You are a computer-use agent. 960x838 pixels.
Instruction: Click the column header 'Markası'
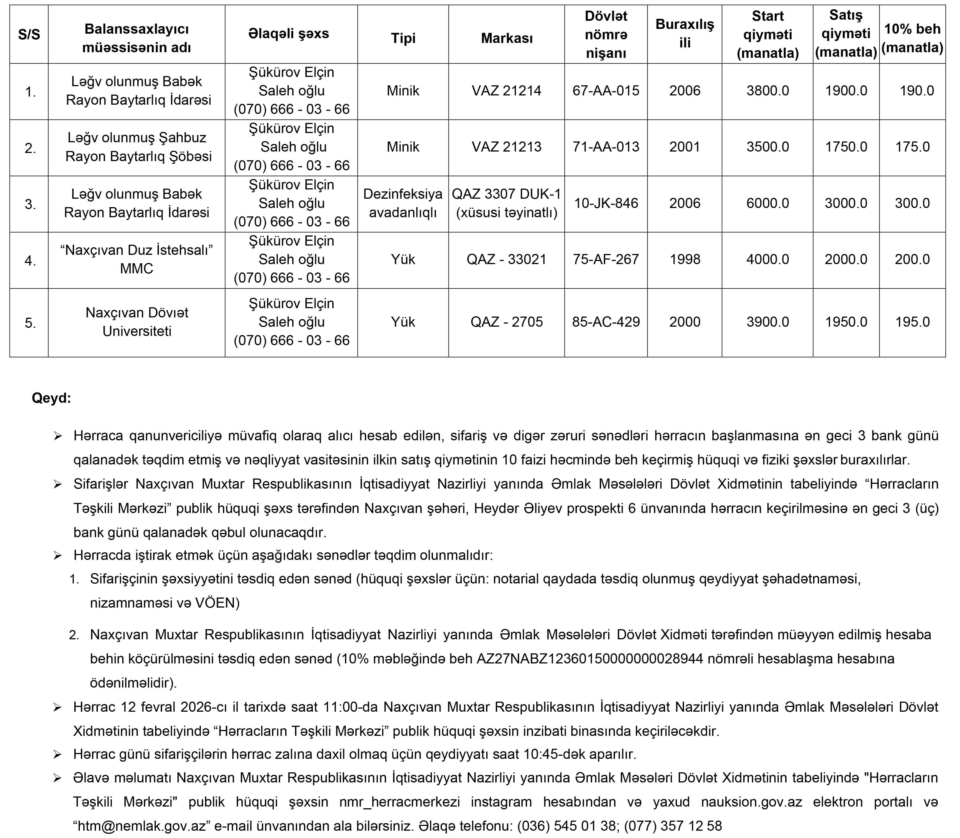(507, 38)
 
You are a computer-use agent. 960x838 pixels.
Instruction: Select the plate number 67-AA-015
(606, 90)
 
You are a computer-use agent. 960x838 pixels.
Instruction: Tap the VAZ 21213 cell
(507, 147)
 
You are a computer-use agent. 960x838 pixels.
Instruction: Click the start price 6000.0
(767, 203)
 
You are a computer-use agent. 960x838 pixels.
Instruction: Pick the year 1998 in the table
(685, 259)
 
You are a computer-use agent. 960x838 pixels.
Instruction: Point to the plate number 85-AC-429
(606, 322)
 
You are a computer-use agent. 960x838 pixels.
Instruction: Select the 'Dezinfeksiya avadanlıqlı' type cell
(403, 203)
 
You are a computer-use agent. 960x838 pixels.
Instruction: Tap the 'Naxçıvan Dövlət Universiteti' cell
(137, 322)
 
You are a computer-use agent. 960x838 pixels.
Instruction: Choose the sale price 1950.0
(846, 322)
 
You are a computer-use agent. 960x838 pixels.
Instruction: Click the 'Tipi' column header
(403, 38)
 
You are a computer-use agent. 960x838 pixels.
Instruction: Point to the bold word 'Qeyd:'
(51, 399)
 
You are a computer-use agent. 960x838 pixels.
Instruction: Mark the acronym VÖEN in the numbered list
(214, 603)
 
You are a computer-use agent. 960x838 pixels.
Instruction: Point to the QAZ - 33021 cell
(507, 259)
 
